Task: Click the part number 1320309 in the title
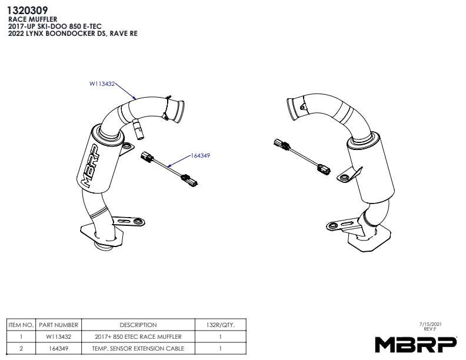click(28, 9)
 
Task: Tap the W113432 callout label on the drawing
click(102, 84)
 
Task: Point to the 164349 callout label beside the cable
click(201, 156)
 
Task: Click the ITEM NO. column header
click(21, 325)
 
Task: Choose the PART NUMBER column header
click(59, 325)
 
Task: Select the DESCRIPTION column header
click(138, 325)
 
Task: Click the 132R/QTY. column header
click(221, 325)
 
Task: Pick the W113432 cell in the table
click(59, 336)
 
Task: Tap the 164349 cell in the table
click(59, 348)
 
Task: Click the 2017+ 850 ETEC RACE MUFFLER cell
click(138, 336)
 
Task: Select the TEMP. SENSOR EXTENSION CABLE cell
click(138, 348)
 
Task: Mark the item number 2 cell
click(21, 348)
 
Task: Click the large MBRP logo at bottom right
click(416, 343)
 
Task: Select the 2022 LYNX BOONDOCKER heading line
click(70, 34)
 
